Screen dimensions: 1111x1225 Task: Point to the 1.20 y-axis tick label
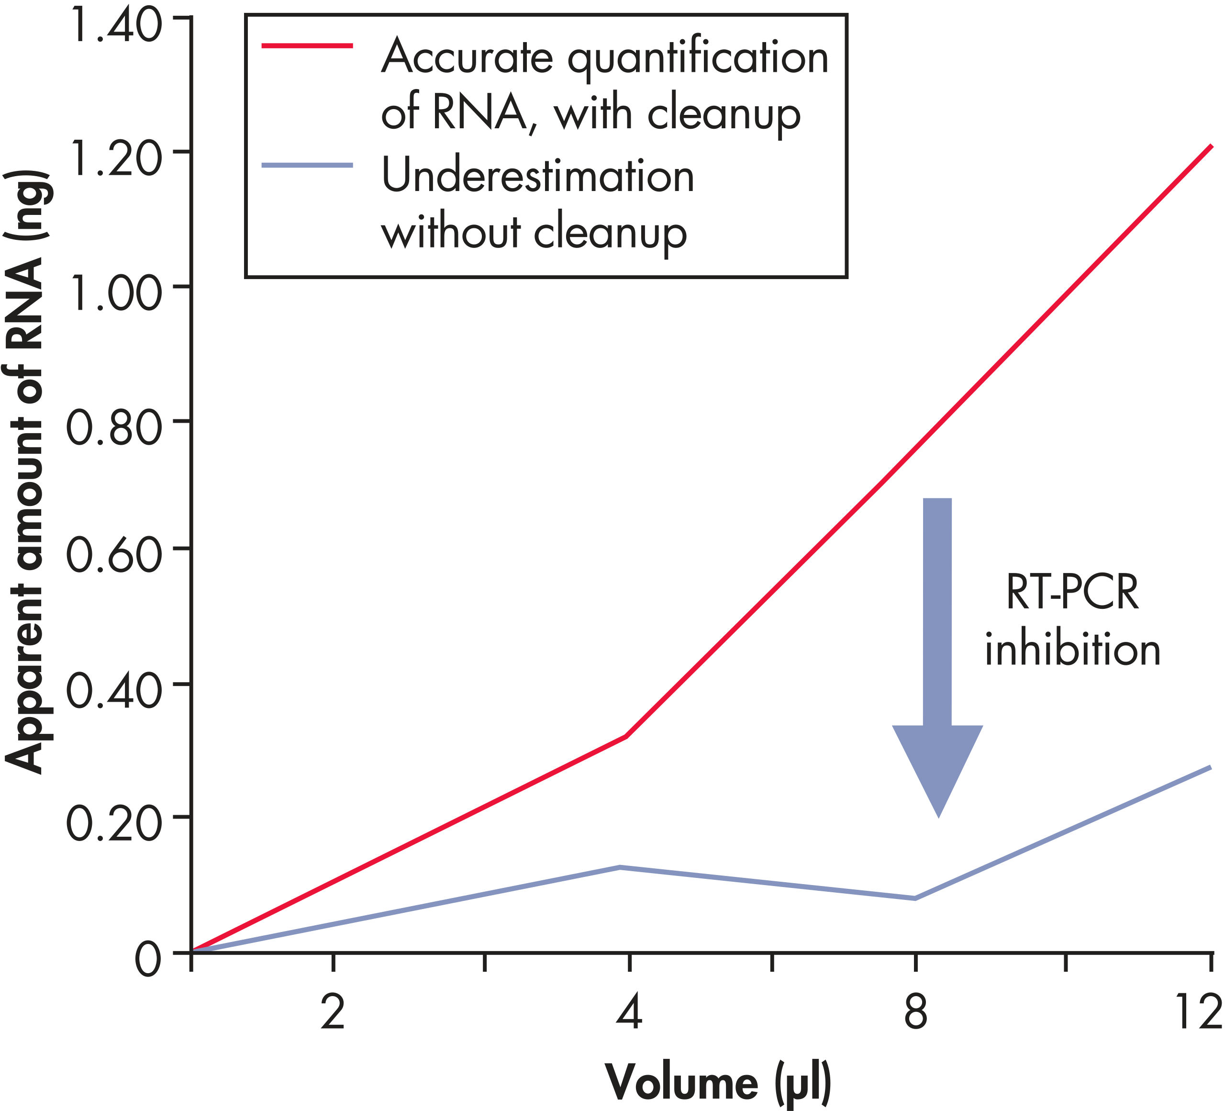point(115,158)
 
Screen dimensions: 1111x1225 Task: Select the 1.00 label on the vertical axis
point(115,293)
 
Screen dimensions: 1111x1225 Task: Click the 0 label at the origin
point(148,961)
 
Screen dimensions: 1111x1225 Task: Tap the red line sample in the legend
point(307,45)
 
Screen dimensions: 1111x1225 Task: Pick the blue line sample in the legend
point(307,165)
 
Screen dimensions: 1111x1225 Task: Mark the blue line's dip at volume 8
point(915,898)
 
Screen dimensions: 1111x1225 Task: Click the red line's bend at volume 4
point(625,737)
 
